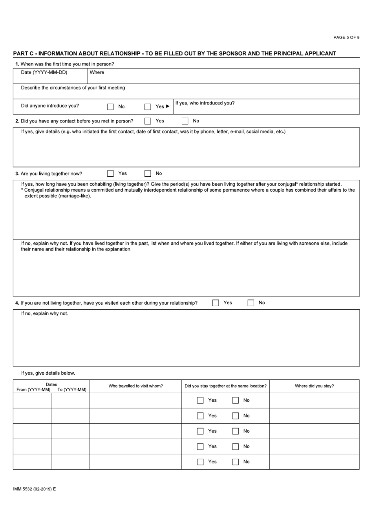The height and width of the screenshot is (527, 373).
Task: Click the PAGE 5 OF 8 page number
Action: click(346, 37)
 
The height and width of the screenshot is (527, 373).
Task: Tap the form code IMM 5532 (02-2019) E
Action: click(35, 489)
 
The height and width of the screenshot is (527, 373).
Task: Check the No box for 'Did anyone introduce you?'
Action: click(111, 106)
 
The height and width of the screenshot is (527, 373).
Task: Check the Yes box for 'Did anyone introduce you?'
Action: click(148, 106)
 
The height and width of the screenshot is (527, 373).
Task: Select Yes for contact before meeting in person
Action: click(148, 121)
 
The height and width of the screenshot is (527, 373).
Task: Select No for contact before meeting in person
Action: click(185, 121)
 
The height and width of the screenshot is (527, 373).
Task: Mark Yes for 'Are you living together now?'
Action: click(111, 174)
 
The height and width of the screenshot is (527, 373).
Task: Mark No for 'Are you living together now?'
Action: click(148, 174)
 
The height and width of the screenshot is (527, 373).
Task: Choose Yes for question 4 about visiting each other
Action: click(216, 303)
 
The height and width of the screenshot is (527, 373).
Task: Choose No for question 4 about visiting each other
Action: click(250, 303)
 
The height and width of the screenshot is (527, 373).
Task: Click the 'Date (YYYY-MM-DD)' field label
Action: click(44, 72)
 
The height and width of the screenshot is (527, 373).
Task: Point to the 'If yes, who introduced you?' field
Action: click(266, 107)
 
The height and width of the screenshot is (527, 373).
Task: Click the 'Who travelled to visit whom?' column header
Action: click(135, 386)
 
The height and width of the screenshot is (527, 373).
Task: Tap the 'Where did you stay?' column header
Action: click(314, 386)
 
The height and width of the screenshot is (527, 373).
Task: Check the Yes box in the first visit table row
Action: click(200, 401)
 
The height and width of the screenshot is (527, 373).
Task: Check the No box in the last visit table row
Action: click(235, 462)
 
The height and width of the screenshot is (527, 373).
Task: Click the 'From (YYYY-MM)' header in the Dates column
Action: click(33, 390)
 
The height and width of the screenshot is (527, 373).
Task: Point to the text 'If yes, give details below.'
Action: click(48, 373)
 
